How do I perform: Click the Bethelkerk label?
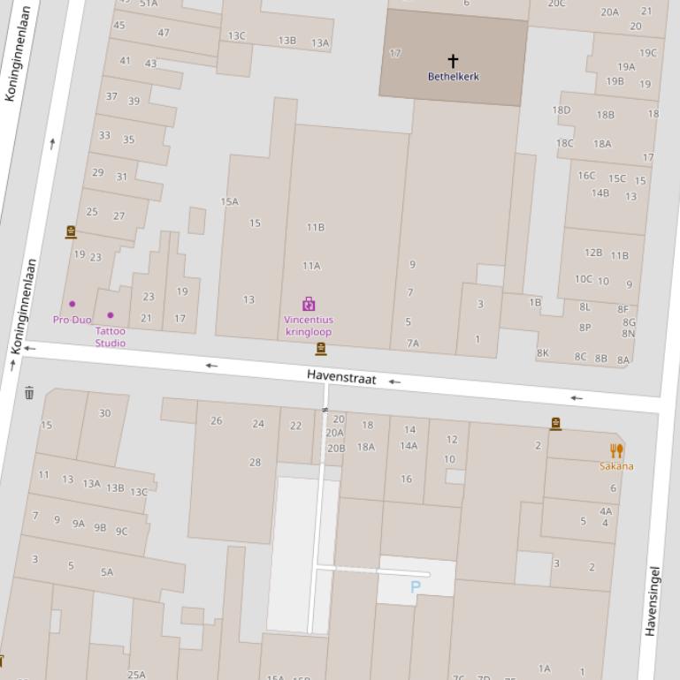(x=453, y=77)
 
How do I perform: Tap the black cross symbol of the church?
(x=453, y=60)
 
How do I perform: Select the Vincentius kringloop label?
(x=308, y=326)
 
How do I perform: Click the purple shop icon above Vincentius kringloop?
(x=309, y=304)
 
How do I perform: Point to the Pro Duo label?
(x=72, y=320)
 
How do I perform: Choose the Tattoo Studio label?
(x=111, y=336)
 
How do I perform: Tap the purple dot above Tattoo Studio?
(x=111, y=315)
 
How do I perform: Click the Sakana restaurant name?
(x=616, y=466)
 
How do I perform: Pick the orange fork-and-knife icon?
(x=616, y=450)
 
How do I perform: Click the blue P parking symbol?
(x=416, y=586)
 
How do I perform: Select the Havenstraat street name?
(x=341, y=377)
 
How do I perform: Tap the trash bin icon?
(x=29, y=393)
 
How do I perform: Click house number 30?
(x=105, y=413)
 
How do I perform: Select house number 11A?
(x=311, y=266)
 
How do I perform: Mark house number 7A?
(x=413, y=344)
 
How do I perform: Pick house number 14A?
(x=409, y=446)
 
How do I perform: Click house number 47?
(x=164, y=33)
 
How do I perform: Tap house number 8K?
(x=543, y=353)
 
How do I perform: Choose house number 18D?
(x=562, y=110)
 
